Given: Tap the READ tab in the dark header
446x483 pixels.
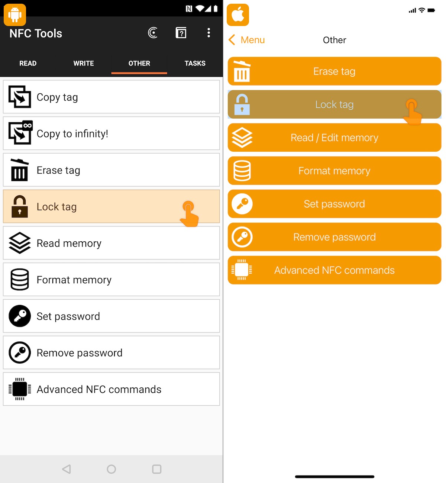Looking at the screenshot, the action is click(x=28, y=63).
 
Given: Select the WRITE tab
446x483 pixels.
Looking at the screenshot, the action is click(x=83, y=63).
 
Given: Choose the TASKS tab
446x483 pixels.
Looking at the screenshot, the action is click(x=195, y=63).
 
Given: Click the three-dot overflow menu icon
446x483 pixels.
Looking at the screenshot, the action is click(x=209, y=33).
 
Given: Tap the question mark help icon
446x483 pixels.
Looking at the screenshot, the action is click(x=181, y=33).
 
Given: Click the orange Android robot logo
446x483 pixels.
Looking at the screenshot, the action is click(x=15, y=15).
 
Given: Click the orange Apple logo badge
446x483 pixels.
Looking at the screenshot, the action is click(x=237, y=15).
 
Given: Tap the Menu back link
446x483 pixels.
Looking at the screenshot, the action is click(x=246, y=40).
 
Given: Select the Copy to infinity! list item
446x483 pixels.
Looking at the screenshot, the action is click(x=111, y=133).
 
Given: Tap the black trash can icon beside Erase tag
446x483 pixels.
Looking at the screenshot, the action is click(x=19, y=170).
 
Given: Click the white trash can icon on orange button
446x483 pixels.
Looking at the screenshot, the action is click(x=242, y=71).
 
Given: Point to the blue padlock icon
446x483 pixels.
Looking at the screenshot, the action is click(x=242, y=104).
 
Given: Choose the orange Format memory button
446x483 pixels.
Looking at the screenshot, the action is click(x=334, y=171).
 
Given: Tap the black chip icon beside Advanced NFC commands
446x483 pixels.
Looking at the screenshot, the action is click(x=19, y=389).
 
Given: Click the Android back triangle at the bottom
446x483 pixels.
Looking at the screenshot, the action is click(x=67, y=469).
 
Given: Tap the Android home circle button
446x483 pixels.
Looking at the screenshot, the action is click(x=111, y=469).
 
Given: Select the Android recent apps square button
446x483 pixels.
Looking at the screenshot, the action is click(x=156, y=469).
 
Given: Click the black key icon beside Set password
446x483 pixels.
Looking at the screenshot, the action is click(x=19, y=316).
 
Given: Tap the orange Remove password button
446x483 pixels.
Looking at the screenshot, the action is click(x=334, y=237).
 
